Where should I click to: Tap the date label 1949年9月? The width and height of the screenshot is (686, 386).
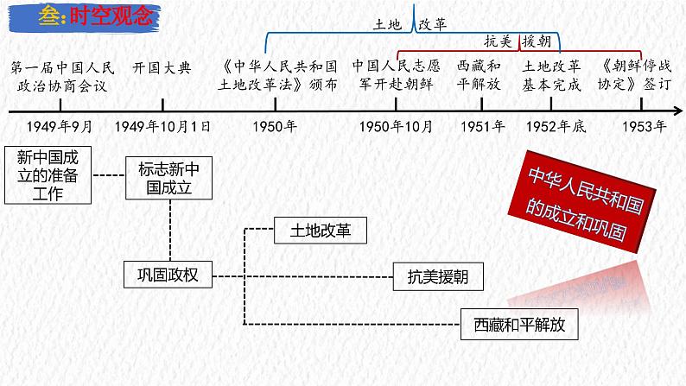pyautogui.click(x=60, y=126)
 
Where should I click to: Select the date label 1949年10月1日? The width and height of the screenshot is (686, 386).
pyautogui.click(x=163, y=126)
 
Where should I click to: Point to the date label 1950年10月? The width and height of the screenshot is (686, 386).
pyautogui.click(x=397, y=126)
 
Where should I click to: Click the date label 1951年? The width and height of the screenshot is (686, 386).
pyautogui.click(x=482, y=126)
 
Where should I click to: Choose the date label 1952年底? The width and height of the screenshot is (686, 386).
pyautogui.click(x=556, y=126)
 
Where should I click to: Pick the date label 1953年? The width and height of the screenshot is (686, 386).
pyautogui.click(x=644, y=126)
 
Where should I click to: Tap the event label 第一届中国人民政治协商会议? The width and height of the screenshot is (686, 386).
pyautogui.click(x=60, y=75)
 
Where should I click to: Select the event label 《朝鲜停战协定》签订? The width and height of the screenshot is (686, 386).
pyautogui.click(x=638, y=75)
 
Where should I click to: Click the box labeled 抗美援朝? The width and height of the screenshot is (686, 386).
pyautogui.click(x=438, y=276)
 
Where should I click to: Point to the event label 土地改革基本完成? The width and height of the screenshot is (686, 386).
pyautogui.click(x=554, y=75)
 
